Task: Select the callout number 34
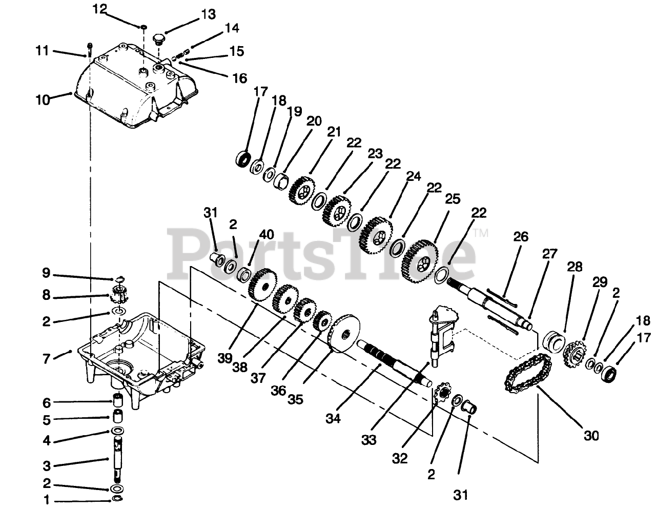click(333, 418)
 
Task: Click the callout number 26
click(520, 237)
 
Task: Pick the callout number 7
click(47, 358)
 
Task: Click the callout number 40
click(266, 235)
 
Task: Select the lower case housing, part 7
click(138, 354)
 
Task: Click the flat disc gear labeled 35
click(344, 334)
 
